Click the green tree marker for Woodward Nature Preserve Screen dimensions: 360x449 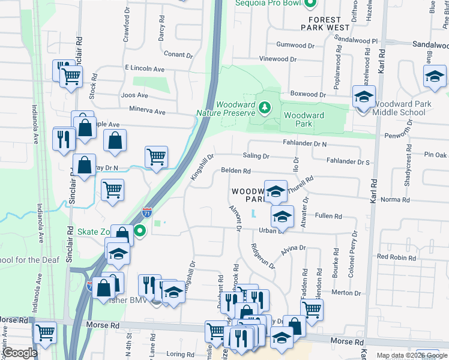[x=264, y=108]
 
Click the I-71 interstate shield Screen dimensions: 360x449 [x=147, y=212]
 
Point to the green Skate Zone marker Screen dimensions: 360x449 [x=140, y=231]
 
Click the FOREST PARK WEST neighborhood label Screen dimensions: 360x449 [x=325, y=23]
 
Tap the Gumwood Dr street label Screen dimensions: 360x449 [x=295, y=45]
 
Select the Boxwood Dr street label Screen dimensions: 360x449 [x=307, y=95]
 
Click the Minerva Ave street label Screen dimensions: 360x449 [x=147, y=111]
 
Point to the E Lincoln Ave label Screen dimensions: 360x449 [x=144, y=69]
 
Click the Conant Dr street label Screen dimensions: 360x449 [x=178, y=55]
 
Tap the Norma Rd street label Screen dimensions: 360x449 [x=394, y=200]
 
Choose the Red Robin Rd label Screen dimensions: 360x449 [x=396, y=257]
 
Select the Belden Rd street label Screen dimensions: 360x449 [x=235, y=171]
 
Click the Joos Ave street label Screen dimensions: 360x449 [x=134, y=95]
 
